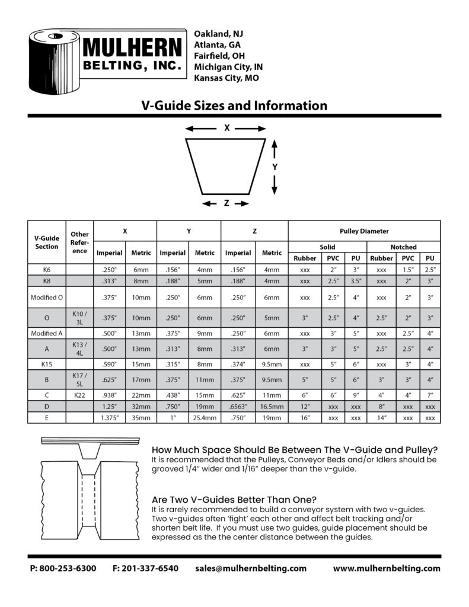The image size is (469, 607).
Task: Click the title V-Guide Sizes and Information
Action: tap(234, 106)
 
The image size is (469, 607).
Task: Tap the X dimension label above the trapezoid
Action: tap(226, 127)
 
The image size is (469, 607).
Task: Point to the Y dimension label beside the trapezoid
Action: tap(275, 168)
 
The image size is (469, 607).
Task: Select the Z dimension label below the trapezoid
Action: tap(226, 203)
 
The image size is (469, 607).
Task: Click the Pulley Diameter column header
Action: tap(364, 231)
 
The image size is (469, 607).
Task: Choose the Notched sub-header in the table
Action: tap(403, 247)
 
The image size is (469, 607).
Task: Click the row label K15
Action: tap(47, 364)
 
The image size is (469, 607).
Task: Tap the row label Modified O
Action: tap(47, 297)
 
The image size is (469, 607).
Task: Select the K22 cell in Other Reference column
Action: tap(79, 394)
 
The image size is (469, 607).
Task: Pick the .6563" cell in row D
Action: tap(238, 406)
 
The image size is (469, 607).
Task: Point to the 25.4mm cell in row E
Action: tap(205, 417)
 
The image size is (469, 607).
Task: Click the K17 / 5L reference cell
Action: tap(79, 379)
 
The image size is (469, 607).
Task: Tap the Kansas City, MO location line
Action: tap(226, 78)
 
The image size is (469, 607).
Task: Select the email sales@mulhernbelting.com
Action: tap(251, 568)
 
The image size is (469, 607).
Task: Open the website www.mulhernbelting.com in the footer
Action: tap(387, 568)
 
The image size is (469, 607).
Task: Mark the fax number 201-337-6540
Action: tap(145, 568)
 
